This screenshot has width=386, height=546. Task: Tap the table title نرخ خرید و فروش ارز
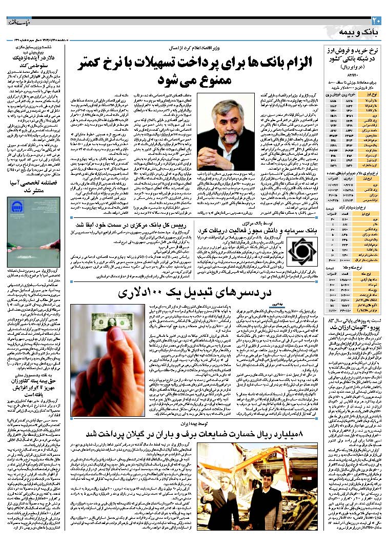pyautogui.click(x=354, y=52)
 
